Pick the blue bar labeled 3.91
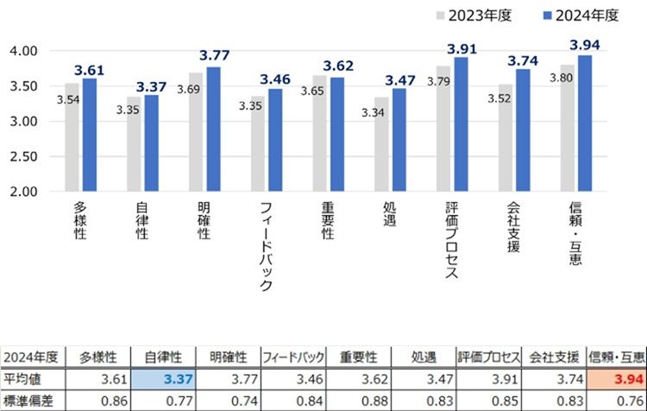click(x=462, y=124)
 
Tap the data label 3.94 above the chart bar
click(x=585, y=44)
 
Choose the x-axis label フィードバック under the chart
click(x=265, y=246)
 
